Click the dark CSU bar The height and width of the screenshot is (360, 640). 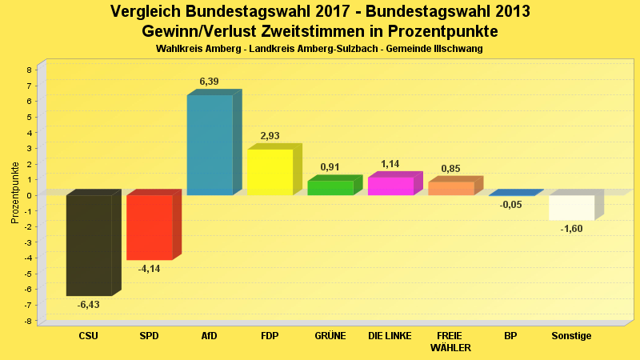[x=89, y=246]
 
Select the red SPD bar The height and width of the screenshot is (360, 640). [x=150, y=227]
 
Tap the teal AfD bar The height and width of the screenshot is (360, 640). [x=210, y=145]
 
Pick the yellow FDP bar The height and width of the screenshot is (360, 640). [x=270, y=172]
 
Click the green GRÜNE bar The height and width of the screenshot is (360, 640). [x=330, y=188]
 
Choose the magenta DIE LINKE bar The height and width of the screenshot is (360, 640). [x=390, y=186]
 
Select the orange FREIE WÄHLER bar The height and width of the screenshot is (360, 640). [x=450, y=188]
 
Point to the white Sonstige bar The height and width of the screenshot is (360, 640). [x=571, y=207]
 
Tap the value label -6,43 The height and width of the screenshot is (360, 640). [x=88, y=305]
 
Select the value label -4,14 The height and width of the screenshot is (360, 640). [x=149, y=269]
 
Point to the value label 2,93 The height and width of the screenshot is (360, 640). [x=270, y=136]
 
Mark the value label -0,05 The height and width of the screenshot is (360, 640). [x=510, y=205]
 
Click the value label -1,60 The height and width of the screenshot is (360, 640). [x=571, y=229]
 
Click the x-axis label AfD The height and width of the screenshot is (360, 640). [x=209, y=336]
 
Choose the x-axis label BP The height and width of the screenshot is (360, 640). [x=510, y=336]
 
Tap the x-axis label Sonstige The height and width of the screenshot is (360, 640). [x=571, y=336]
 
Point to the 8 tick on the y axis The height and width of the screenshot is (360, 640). [x=29, y=70]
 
